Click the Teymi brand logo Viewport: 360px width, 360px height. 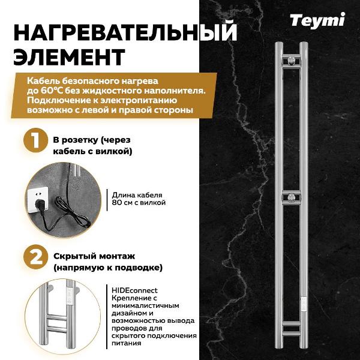click(x=317, y=20)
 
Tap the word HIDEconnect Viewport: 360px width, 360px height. click(x=134, y=289)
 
